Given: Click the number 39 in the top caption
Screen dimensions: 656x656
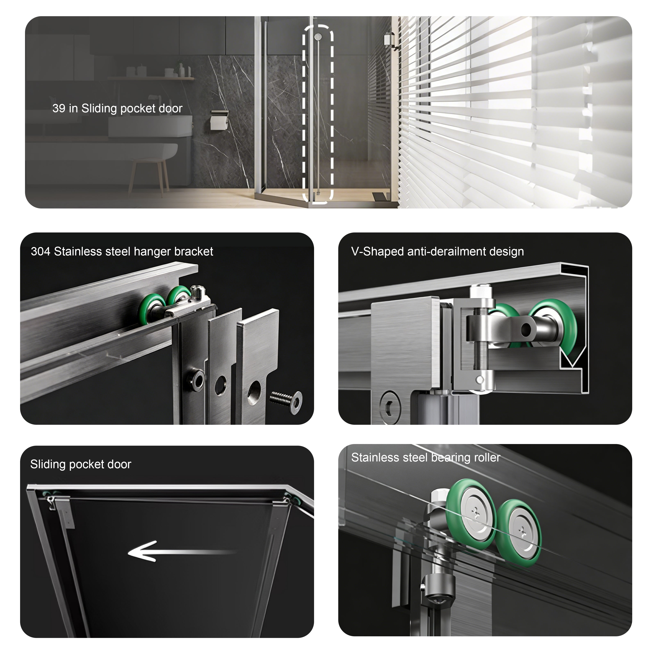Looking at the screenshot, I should (x=58, y=108).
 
